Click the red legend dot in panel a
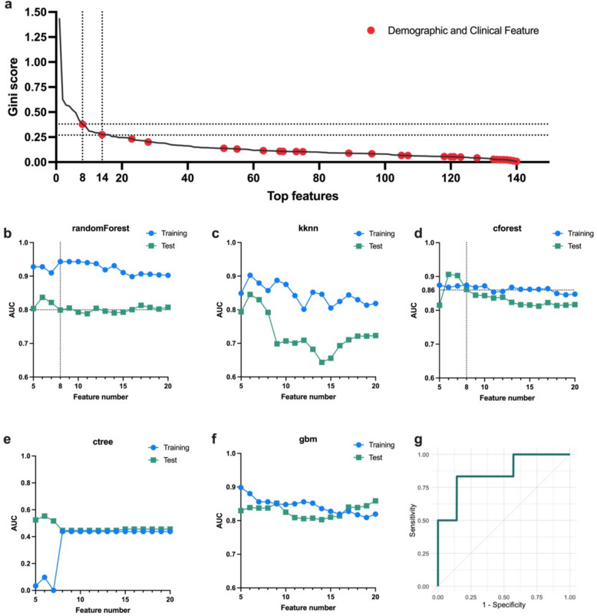371,30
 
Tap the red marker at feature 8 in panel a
83,124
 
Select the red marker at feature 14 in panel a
102,134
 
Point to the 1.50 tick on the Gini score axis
35,12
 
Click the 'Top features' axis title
302,196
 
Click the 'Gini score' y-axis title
13,87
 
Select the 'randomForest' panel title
101,229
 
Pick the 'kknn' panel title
308,229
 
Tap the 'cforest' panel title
507,229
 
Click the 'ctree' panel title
103,442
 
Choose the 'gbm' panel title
308,440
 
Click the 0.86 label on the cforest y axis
428,290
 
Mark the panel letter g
418,440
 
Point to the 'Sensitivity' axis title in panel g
412,521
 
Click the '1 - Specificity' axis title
504,604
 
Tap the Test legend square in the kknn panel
359,246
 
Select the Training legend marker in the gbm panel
358,445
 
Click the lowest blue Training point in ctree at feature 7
54,590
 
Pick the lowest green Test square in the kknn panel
322,362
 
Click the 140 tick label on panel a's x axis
516,178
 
